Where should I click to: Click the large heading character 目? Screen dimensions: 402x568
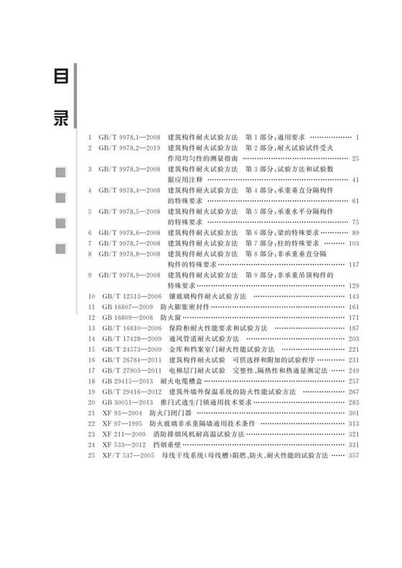coord(58,78)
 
